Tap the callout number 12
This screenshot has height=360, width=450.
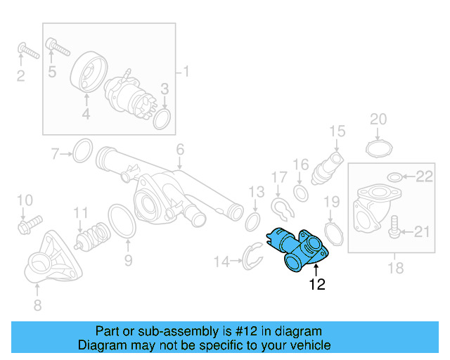316,285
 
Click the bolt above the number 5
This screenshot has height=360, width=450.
58,49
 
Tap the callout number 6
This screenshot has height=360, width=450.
180,149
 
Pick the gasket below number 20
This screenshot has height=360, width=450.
379,148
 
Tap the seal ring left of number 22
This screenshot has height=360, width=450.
395,176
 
